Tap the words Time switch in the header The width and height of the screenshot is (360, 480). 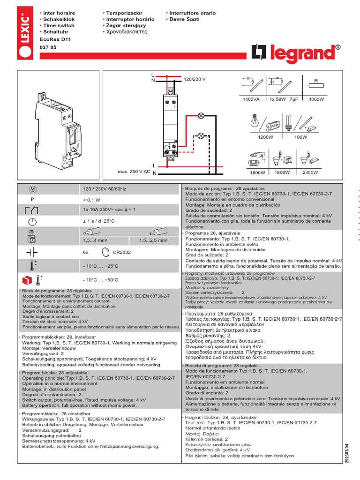point(59,26)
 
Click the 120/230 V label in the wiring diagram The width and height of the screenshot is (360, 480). point(195,80)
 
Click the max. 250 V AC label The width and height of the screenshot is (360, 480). point(134,172)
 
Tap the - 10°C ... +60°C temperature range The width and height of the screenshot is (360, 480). point(100,280)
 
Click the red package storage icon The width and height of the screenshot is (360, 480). point(28,280)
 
